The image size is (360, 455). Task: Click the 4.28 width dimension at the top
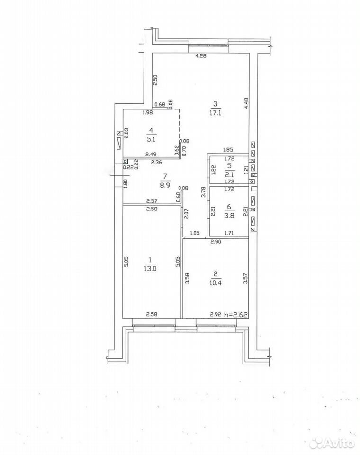click(201, 56)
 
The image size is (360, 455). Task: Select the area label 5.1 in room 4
click(152, 139)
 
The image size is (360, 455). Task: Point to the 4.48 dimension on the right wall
click(246, 103)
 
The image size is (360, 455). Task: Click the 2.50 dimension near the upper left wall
click(155, 80)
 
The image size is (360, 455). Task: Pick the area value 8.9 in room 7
click(165, 185)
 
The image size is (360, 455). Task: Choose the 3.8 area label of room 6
click(229, 215)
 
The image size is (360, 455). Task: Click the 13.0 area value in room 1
click(150, 268)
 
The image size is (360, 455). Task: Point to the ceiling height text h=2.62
click(235, 314)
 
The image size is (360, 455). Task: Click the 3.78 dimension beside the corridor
click(203, 192)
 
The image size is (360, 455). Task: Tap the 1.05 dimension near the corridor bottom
click(195, 233)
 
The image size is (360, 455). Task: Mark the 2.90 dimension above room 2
click(216, 241)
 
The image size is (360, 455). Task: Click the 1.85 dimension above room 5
click(228, 150)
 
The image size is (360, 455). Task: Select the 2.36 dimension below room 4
click(157, 163)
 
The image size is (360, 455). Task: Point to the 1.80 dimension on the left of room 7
click(126, 184)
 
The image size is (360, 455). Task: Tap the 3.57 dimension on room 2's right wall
click(246, 278)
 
